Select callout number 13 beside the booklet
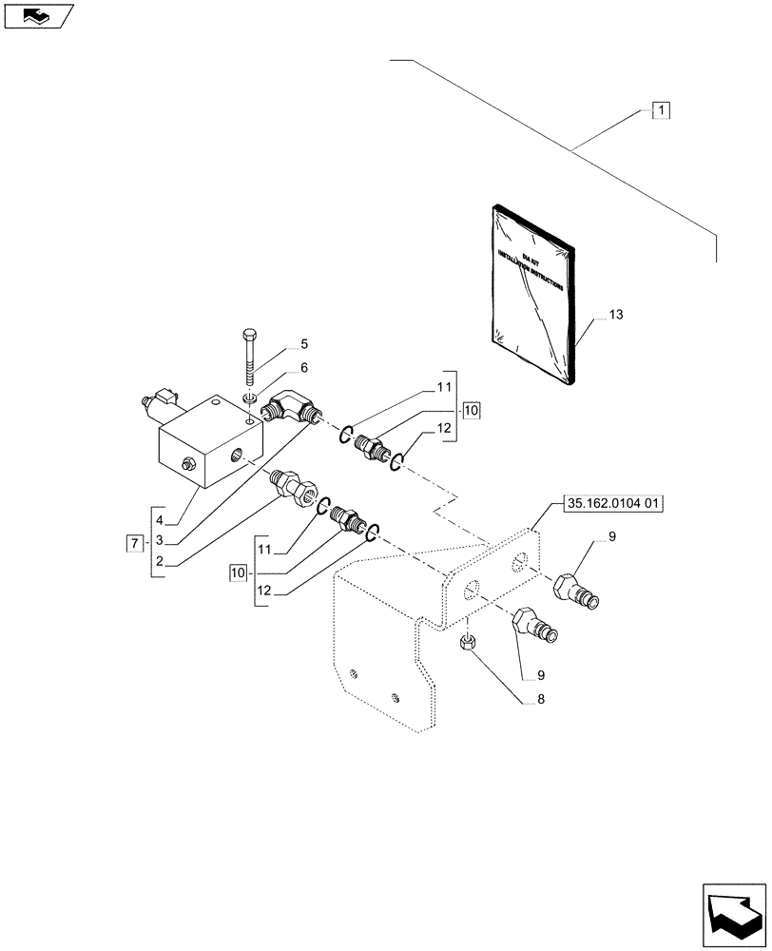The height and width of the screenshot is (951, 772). (x=617, y=313)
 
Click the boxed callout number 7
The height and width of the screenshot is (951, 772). (x=135, y=543)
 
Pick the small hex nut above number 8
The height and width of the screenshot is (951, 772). (x=469, y=645)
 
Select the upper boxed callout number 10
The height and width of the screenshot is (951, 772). (x=473, y=411)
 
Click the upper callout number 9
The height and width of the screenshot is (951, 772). (x=611, y=539)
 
